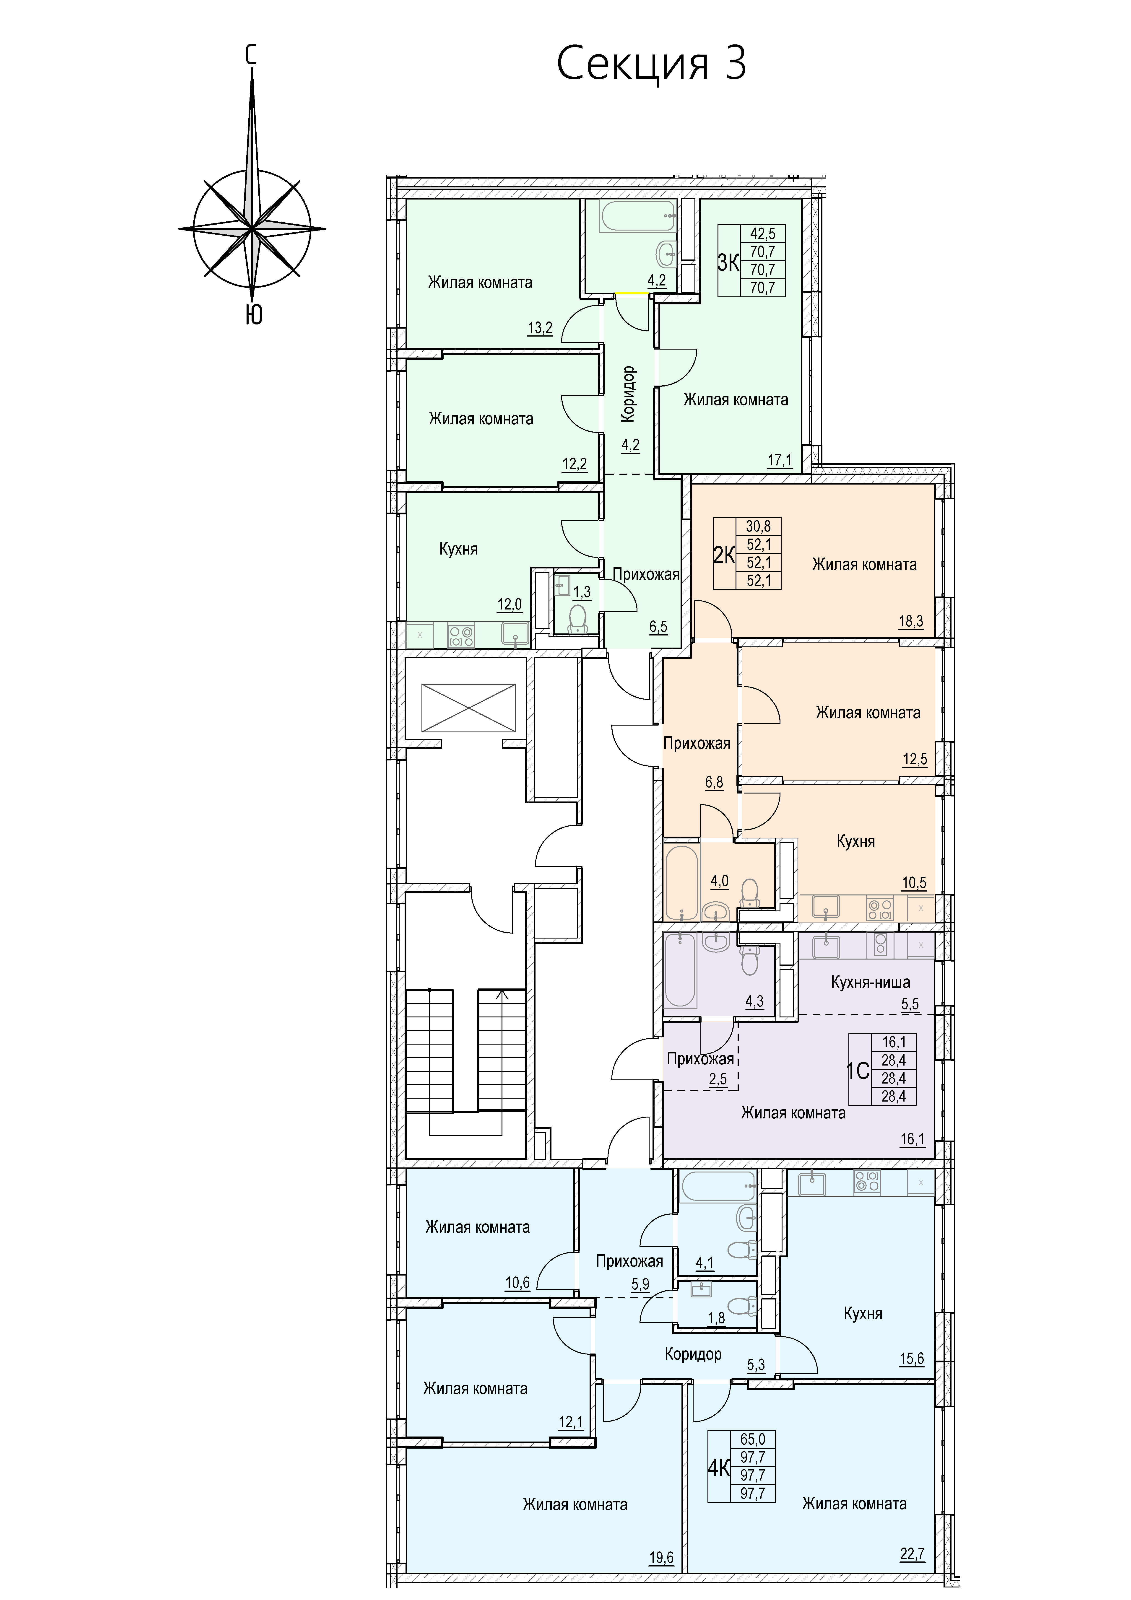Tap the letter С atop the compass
click(x=252, y=54)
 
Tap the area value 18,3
click(x=912, y=622)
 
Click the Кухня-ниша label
click(x=870, y=983)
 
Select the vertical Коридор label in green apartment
click(x=629, y=394)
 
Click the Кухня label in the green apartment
click(x=458, y=549)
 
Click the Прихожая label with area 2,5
click(x=700, y=1059)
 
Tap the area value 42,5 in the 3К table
click(x=762, y=233)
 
